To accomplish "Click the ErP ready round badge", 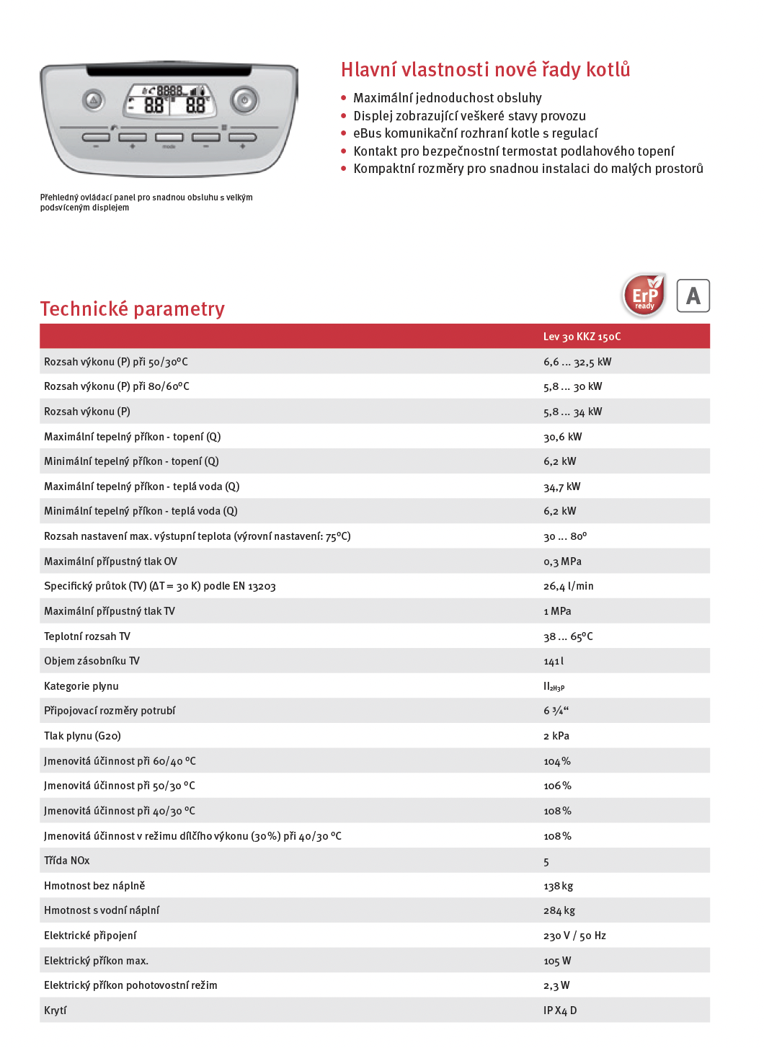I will tap(644, 295).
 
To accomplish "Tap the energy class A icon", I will tap(693, 296).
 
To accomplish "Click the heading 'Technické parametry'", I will tap(133, 309).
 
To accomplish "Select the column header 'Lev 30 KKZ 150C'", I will tap(582, 337).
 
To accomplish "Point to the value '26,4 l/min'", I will tap(569, 586).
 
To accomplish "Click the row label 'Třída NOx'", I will tap(67, 861).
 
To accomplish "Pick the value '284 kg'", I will tap(559, 910).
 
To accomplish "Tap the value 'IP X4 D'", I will tap(560, 1011).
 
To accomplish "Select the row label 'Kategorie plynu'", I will tap(81, 686).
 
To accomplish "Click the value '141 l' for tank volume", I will tap(554, 661).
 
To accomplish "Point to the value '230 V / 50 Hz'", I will tap(574, 936).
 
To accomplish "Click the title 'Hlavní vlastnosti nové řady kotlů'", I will tap(485, 70).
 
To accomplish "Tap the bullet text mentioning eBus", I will tap(475, 133).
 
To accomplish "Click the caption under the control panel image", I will tap(146, 203).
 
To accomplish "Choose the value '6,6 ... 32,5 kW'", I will tap(577, 362).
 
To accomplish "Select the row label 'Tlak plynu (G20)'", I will tap(82, 736).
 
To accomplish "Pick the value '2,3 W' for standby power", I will tap(556, 985).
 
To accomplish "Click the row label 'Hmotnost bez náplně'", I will tap(94, 886).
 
